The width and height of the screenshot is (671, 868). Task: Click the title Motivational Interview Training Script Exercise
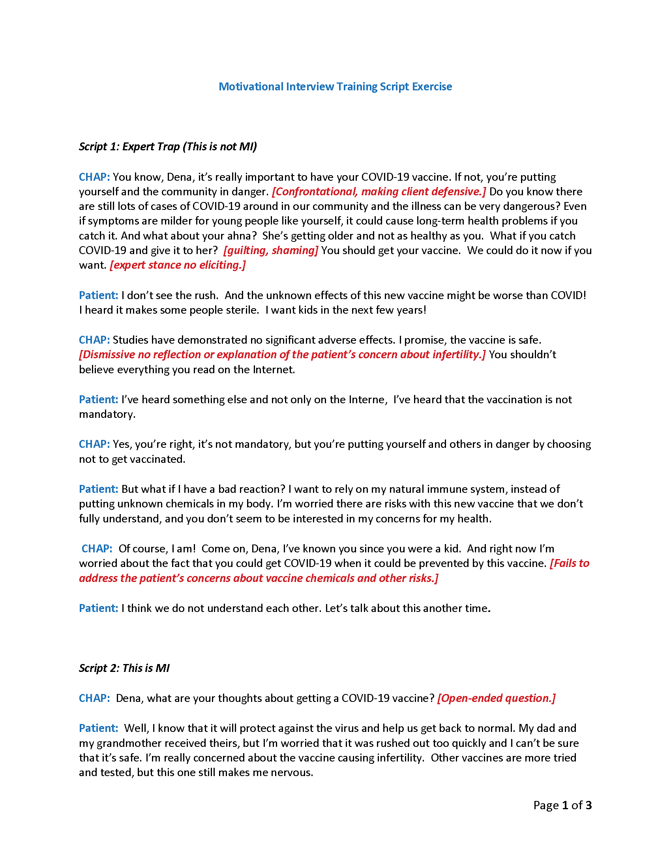(x=335, y=87)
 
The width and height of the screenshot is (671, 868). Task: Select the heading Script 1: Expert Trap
(x=168, y=147)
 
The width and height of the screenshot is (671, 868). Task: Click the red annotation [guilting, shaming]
(x=271, y=251)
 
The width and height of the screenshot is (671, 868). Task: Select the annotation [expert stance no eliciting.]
(x=178, y=265)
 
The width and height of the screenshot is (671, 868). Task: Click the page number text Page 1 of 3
(x=562, y=805)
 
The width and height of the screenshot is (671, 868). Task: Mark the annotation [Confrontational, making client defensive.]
(x=379, y=192)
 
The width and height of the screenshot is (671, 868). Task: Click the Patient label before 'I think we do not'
(x=98, y=608)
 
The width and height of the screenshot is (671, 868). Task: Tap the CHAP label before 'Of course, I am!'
(x=97, y=548)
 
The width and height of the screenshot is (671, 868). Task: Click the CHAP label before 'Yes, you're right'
(x=94, y=444)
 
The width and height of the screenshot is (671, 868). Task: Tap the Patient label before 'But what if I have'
(x=98, y=489)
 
